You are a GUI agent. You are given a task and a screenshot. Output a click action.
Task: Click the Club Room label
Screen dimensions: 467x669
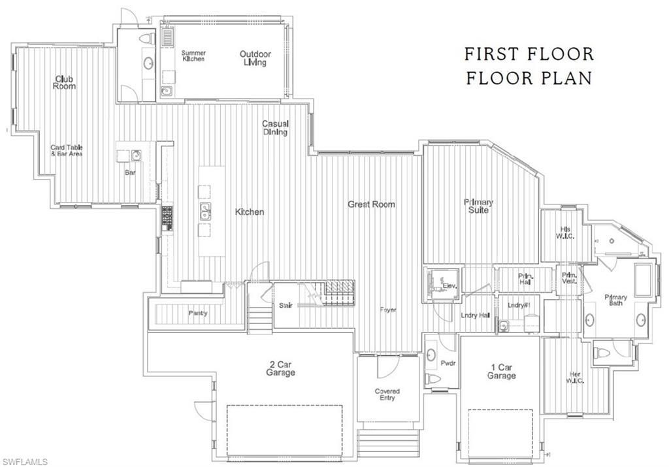(x=65, y=82)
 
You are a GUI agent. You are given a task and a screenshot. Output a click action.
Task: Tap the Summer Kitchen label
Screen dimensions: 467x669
(x=193, y=56)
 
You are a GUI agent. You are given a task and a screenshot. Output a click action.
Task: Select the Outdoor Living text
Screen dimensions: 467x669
(x=255, y=58)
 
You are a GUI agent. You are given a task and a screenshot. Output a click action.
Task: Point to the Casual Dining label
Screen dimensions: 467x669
(x=275, y=127)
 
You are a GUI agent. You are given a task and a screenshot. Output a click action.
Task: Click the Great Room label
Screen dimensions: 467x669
(x=371, y=204)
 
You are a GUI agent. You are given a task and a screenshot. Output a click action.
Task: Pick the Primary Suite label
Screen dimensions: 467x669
(x=478, y=206)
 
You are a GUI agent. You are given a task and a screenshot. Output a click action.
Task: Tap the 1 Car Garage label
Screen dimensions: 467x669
(x=501, y=372)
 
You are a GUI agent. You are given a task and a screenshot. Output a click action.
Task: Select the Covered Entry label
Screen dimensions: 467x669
(x=387, y=395)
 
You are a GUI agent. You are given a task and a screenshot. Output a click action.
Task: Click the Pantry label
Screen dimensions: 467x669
(x=198, y=314)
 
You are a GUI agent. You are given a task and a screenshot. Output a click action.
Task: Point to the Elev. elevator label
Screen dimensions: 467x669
(x=449, y=286)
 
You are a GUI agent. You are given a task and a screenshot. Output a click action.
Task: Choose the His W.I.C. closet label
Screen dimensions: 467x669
(x=566, y=233)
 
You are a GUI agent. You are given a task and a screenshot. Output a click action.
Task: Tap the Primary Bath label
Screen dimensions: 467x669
(x=615, y=300)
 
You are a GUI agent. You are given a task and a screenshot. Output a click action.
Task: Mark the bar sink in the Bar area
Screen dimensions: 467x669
(x=136, y=155)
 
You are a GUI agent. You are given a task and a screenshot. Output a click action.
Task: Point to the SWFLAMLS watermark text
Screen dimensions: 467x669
(x=25, y=462)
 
